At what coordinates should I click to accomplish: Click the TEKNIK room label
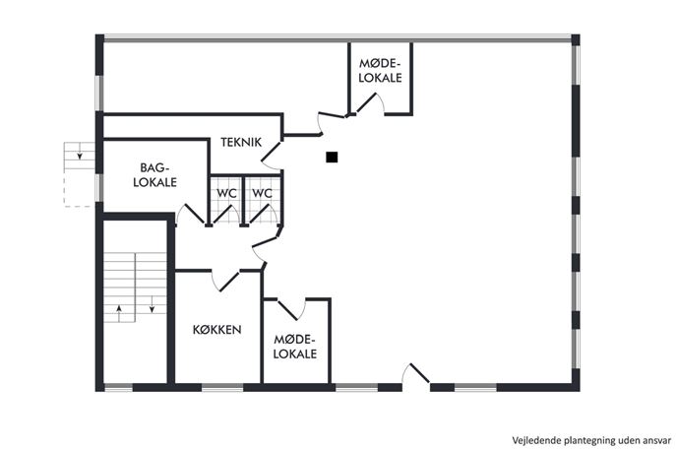coord(241,142)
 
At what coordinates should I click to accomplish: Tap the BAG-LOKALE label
coord(154,174)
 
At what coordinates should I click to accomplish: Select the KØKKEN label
coord(216,330)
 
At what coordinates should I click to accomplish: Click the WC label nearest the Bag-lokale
coord(226,193)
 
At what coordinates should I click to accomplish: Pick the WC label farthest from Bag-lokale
coord(262,193)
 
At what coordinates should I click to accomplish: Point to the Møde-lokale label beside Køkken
coord(295,347)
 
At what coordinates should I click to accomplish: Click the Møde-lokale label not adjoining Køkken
coord(380,71)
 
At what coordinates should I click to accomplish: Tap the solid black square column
coord(332,158)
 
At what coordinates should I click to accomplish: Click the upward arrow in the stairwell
coord(119,311)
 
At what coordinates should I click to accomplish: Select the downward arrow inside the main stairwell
coord(152,303)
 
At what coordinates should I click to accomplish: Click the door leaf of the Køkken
coord(229,281)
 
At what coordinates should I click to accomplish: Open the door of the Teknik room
coord(272,151)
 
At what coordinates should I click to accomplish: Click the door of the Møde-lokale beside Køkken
coord(287,310)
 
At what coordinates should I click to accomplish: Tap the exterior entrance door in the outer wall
coord(419,373)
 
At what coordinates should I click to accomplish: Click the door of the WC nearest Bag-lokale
coord(223,215)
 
